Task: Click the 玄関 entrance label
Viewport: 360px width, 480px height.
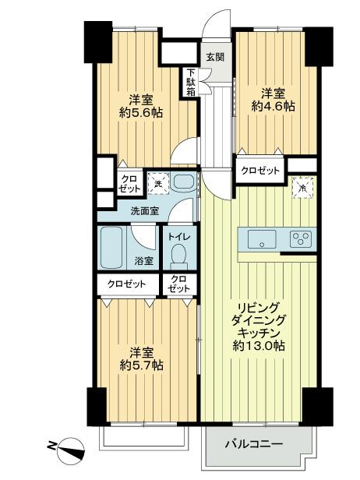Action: click(216, 57)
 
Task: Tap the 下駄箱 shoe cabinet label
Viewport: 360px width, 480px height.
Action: click(191, 83)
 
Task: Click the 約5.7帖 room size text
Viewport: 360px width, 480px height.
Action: click(142, 364)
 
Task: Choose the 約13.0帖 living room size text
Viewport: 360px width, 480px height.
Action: click(259, 344)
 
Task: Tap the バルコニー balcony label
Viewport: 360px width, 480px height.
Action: click(254, 445)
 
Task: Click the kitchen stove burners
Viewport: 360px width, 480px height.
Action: click(301, 238)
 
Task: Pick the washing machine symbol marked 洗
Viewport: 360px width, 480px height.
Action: click(158, 184)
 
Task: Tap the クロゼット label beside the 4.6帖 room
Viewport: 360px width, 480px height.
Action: click(259, 169)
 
